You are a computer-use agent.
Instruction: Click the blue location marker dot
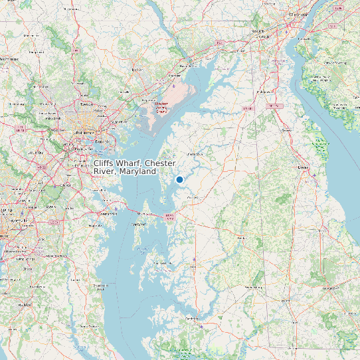click(x=179, y=179)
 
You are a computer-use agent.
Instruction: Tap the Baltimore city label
click(x=84, y=133)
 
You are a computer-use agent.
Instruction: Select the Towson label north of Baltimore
click(x=86, y=104)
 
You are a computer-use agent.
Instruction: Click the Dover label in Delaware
click(x=304, y=167)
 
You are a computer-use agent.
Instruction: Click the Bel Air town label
click(x=137, y=68)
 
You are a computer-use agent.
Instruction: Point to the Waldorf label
click(x=27, y=304)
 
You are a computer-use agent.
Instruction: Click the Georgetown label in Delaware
click(x=330, y=289)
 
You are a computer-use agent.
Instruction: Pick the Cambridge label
click(x=193, y=319)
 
